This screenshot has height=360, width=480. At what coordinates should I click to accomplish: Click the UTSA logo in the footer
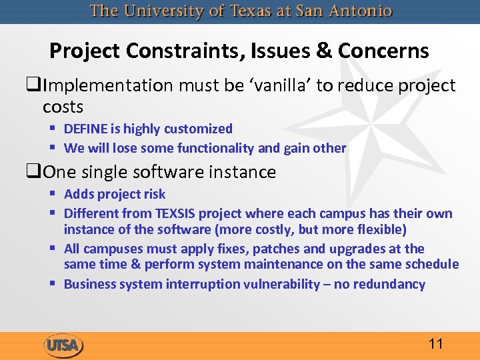pyautogui.click(x=63, y=345)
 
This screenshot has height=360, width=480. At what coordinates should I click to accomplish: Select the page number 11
pyautogui.click(x=436, y=344)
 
